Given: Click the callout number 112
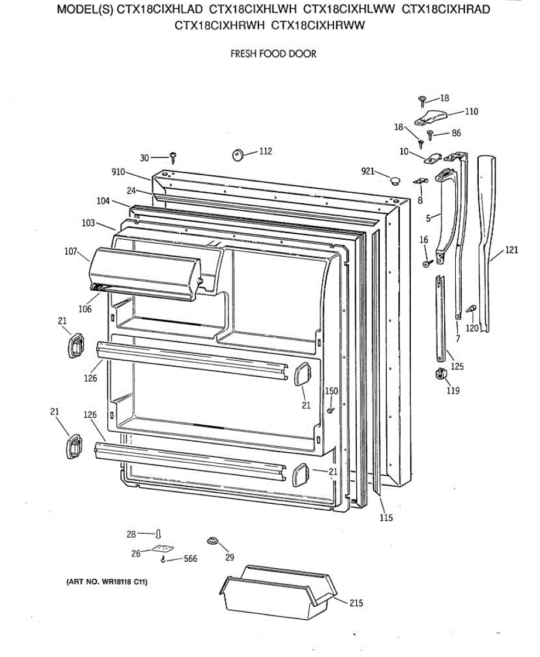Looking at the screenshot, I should (265, 152).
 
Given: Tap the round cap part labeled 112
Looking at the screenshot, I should (238, 155).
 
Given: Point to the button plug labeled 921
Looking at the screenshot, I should (393, 180).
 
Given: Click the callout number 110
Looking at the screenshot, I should (471, 112).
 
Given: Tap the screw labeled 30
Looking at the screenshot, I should (173, 158).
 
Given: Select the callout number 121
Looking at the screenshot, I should (511, 250).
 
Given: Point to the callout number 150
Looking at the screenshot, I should (332, 391).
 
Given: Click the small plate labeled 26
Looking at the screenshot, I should (162, 549).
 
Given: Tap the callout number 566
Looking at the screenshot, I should (190, 559).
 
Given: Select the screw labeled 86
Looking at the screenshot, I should (430, 134).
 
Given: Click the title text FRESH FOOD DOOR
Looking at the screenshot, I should (273, 54).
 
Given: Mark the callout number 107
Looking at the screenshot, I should (69, 252).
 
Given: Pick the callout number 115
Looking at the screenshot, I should (386, 518).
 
